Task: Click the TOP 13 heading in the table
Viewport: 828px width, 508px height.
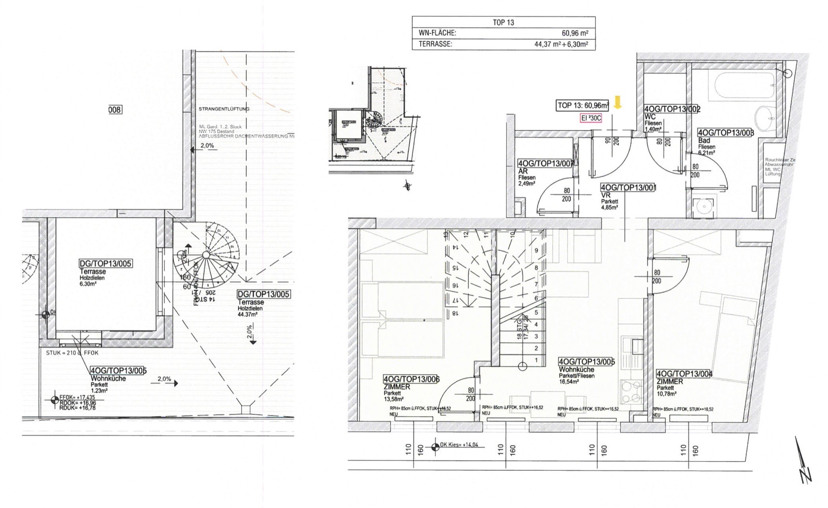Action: click(x=503, y=23)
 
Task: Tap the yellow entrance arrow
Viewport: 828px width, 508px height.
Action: click(x=617, y=102)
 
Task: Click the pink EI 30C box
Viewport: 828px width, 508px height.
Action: click(x=591, y=118)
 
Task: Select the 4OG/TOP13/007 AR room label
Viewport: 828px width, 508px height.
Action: click(x=546, y=163)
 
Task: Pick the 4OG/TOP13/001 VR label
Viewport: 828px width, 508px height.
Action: click(x=628, y=188)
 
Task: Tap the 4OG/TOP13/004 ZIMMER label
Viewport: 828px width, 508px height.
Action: click(x=684, y=374)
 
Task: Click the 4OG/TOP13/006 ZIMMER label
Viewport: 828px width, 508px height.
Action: click(x=411, y=379)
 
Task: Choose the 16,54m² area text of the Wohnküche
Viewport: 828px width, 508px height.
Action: click(x=568, y=381)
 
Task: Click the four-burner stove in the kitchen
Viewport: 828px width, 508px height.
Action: click(x=631, y=392)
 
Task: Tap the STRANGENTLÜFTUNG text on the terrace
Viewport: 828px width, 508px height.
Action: click(x=224, y=109)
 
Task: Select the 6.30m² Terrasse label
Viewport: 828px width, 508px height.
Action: click(x=88, y=284)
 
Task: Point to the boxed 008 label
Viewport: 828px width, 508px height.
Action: click(x=115, y=110)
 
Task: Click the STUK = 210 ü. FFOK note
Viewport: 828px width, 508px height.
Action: click(x=72, y=353)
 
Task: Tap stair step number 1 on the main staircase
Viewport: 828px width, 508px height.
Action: click(x=537, y=360)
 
